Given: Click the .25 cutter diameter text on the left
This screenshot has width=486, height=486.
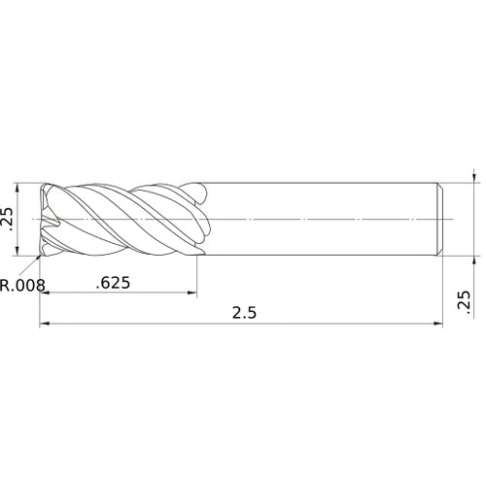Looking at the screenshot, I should point(9,219).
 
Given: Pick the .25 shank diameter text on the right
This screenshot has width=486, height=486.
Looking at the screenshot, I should point(463,303).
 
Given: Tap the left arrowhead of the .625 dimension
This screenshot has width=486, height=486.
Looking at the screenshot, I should point(45,295).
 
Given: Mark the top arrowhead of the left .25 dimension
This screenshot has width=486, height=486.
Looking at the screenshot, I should point(18,188).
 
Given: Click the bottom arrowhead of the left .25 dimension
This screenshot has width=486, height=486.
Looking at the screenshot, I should point(18,252).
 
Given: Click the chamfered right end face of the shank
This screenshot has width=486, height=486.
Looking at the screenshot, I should point(442,220).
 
